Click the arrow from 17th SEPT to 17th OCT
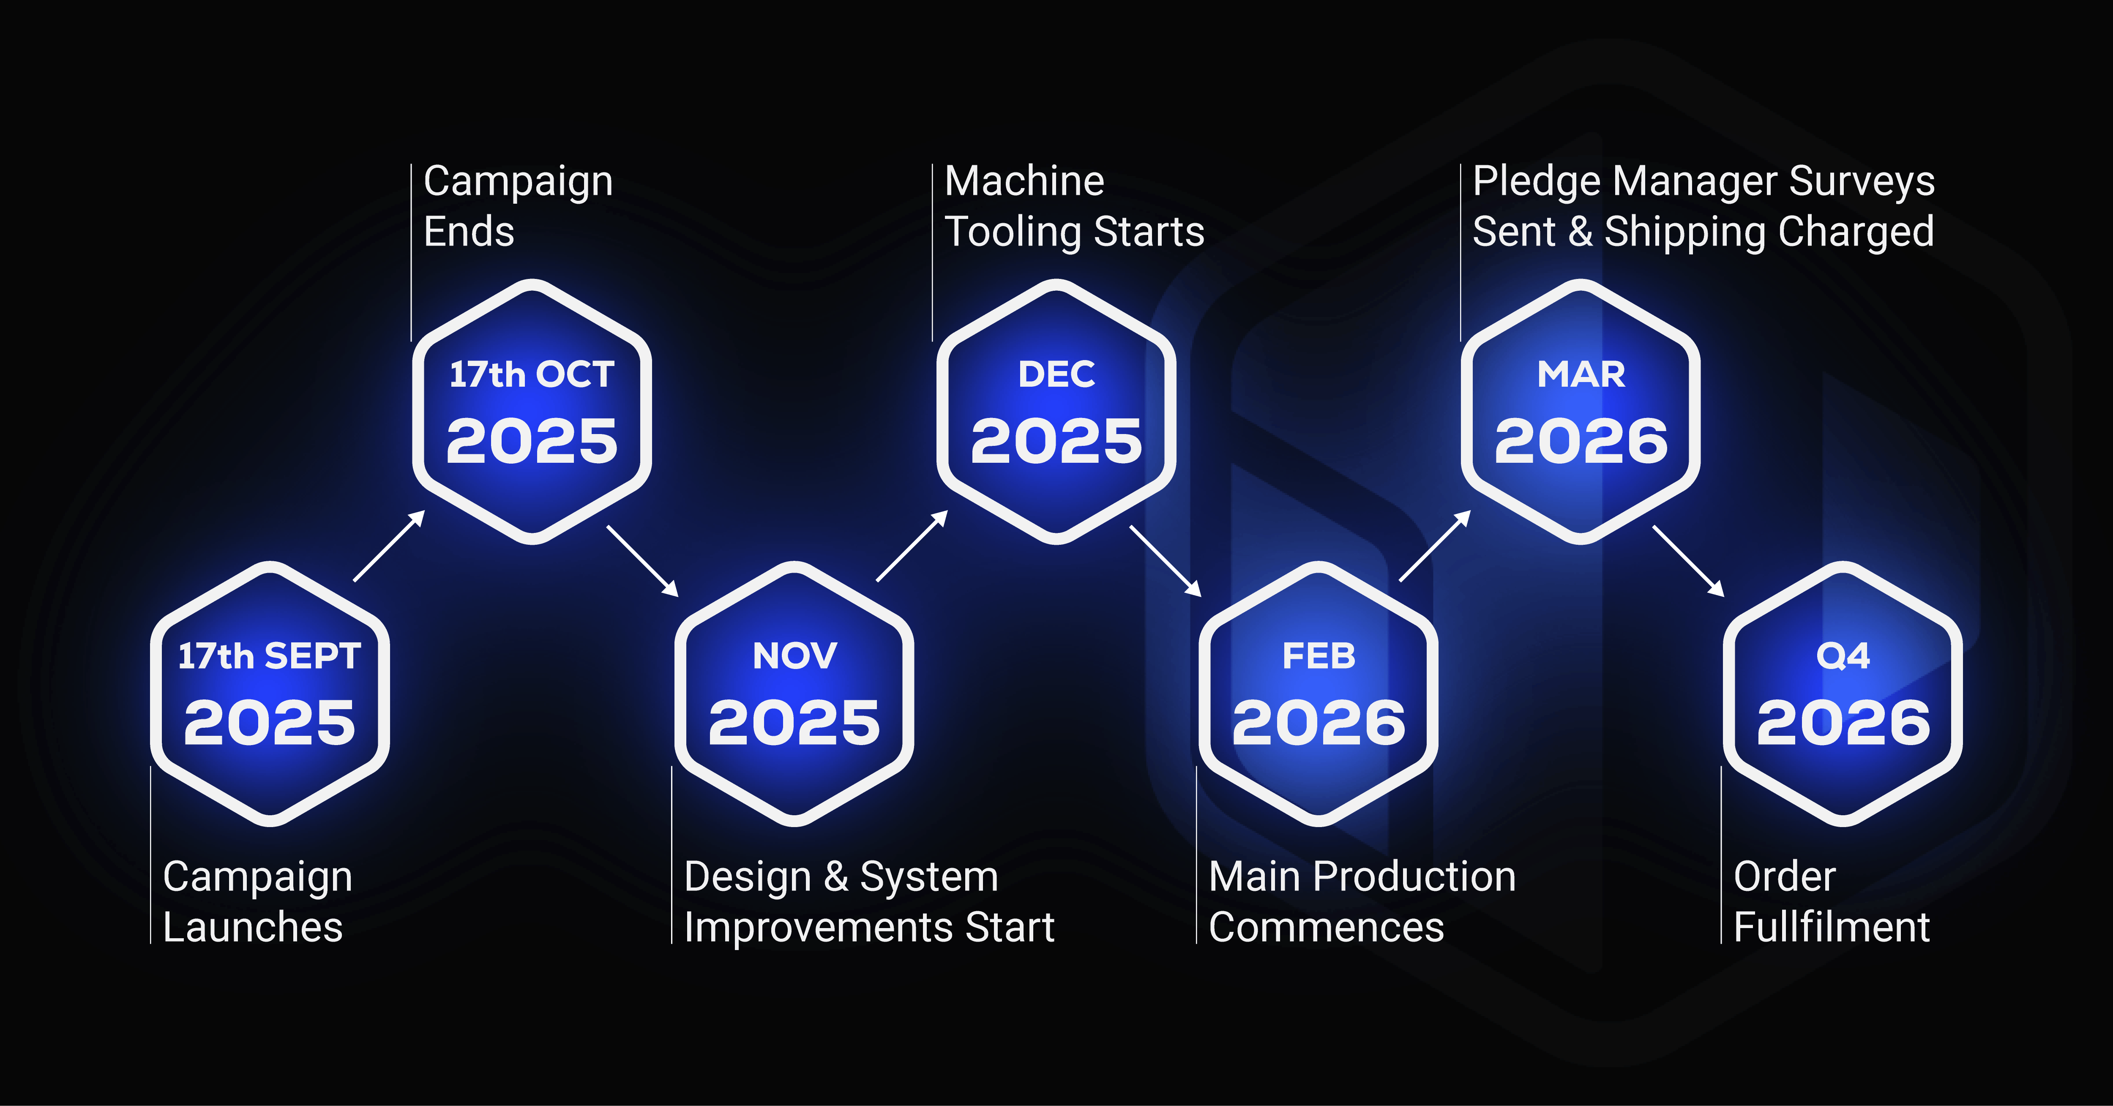click(389, 546)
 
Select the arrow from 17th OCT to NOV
click(642, 561)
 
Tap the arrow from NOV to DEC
click(912, 546)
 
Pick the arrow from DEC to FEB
click(1166, 561)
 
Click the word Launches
click(253, 927)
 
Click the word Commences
click(1327, 927)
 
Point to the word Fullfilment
click(1832, 927)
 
